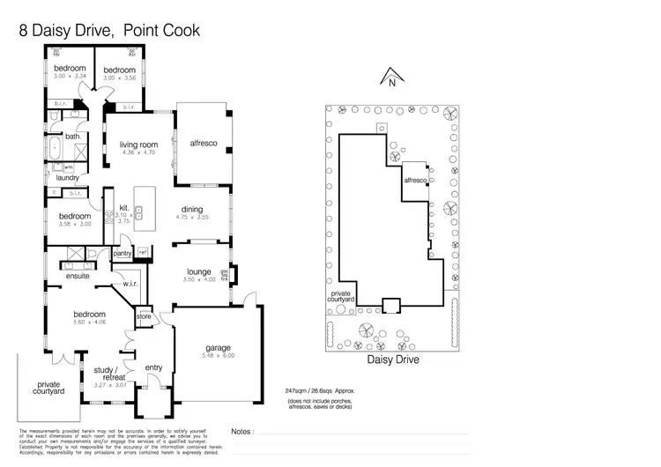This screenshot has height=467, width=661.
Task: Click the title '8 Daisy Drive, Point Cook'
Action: (110, 31)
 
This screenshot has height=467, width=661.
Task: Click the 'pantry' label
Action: (123, 254)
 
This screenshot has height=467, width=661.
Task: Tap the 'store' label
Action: (145, 315)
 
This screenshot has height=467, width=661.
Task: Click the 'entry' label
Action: (153, 367)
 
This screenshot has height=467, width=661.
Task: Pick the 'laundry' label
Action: (67, 177)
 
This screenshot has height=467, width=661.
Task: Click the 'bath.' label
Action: (73, 137)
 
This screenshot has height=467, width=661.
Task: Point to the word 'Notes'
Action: (240, 433)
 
